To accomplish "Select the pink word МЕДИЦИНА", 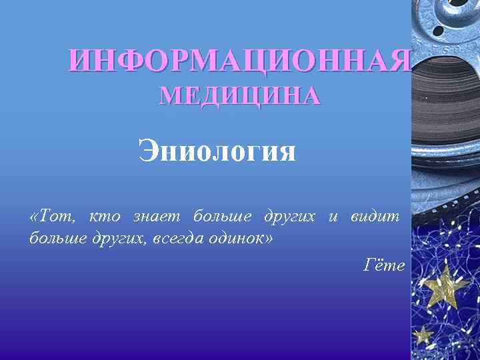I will coord(239,97).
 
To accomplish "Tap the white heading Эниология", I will coord(217,151).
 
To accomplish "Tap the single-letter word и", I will coord(333,217).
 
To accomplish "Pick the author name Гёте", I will coord(384,265).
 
